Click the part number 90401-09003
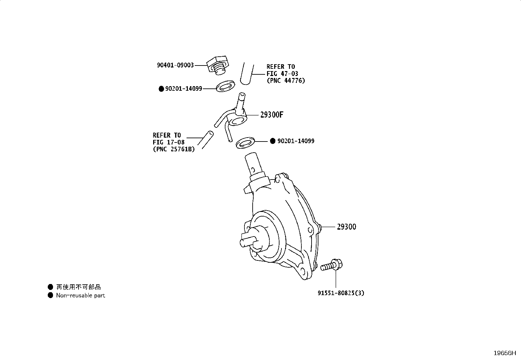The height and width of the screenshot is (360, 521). (x=175, y=65)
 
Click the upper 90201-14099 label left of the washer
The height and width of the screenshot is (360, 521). (x=184, y=89)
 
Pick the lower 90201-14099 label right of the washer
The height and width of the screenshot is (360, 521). (x=296, y=141)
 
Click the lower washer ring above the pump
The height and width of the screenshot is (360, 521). (x=245, y=143)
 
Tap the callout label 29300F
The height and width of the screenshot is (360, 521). (x=272, y=115)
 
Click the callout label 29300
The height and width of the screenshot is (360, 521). (x=347, y=227)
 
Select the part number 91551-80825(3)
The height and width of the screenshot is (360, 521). (x=341, y=293)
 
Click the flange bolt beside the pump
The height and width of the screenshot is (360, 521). (x=332, y=265)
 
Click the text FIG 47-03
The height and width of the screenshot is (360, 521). (x=282, y=74)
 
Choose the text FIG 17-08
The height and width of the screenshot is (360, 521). (x=169, y=142)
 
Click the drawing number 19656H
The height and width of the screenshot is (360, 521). (x=505, y=353)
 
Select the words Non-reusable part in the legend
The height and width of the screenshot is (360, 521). (x=81, y=295)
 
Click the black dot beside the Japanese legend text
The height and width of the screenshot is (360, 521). (x=50, y=287)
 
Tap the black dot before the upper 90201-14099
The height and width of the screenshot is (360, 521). (x=161, y=89)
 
